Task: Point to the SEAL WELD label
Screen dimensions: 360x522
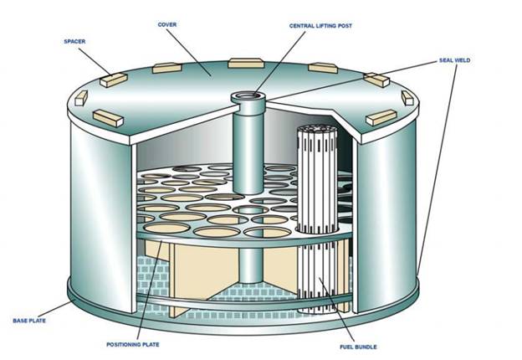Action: point(455,60)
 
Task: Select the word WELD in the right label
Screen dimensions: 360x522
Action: point(463,60)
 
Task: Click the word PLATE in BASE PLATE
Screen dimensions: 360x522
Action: point(40,320)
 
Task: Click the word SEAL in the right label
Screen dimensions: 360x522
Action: point(446,60)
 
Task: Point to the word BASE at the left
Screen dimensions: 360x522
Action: point(21,320)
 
